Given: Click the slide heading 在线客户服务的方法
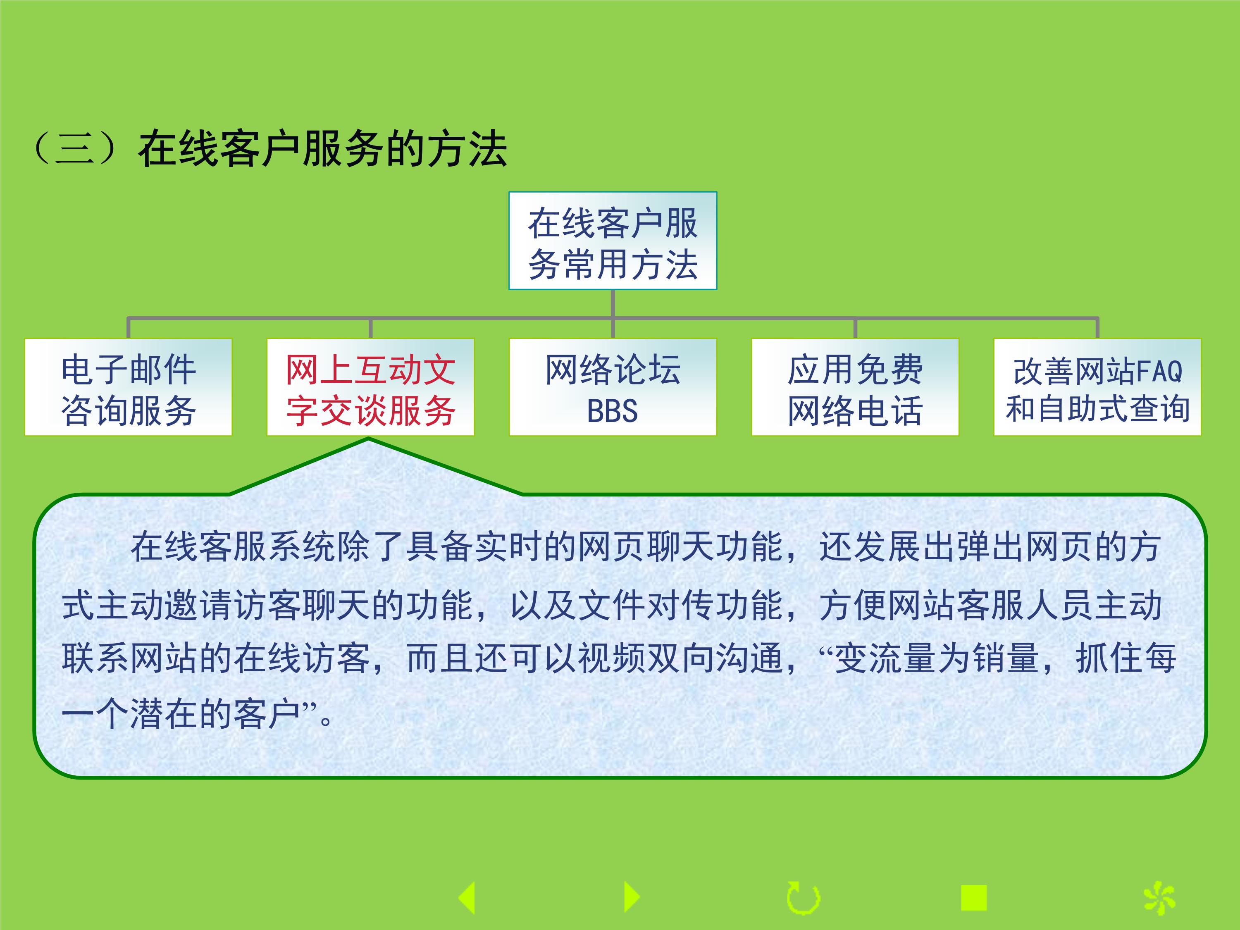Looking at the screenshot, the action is (x=322, y=149).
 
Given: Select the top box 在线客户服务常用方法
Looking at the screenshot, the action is (x=613, y=241).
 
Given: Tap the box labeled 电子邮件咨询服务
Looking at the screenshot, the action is (x=129, y=387).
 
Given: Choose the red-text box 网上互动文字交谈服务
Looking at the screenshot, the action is (x=370, y=387).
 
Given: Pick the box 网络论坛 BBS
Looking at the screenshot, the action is (x=613, y=387).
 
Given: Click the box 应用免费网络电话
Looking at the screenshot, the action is (x=855, y=387).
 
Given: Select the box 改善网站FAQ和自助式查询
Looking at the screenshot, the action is (x=1097, y=387).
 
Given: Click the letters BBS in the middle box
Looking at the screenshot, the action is (x=612, y=411).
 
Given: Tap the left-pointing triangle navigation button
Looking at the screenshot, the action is (x=468, y=897).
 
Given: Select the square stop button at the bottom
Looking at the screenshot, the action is (x=974, y=897).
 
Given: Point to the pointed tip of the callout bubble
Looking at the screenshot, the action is (x=369, y=439).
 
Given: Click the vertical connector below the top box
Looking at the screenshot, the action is (x=613, y=304).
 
